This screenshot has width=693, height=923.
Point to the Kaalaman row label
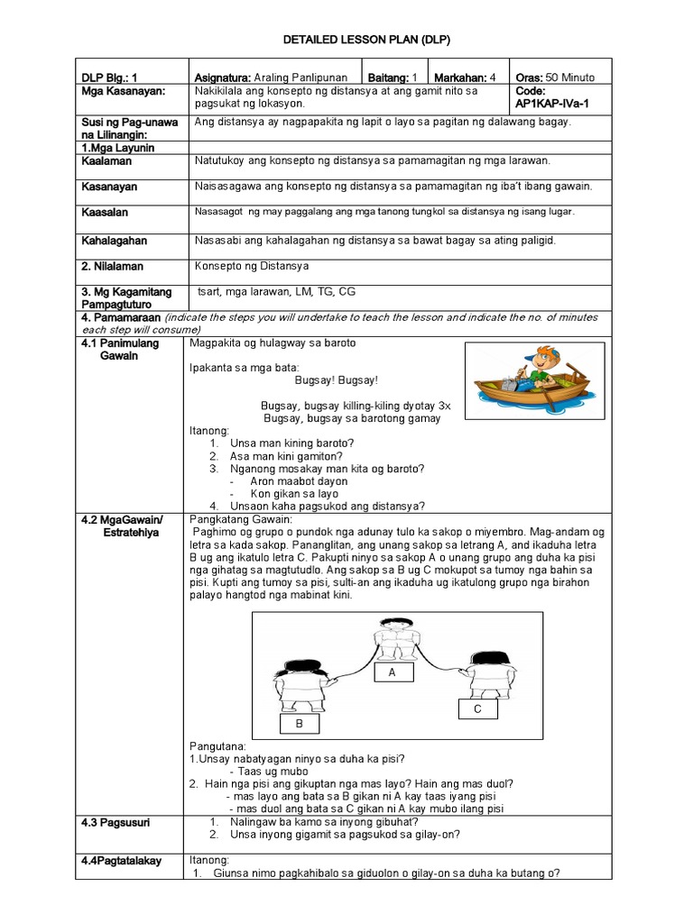pos(106,160)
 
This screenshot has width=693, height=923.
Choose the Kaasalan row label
pos(105,213)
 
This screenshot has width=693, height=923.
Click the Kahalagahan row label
pos(114,241)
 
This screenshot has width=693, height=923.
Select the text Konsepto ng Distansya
pos(252,266)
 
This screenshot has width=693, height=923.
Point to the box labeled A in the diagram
pos(392,672)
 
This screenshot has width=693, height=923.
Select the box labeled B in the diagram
pos(298,723)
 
